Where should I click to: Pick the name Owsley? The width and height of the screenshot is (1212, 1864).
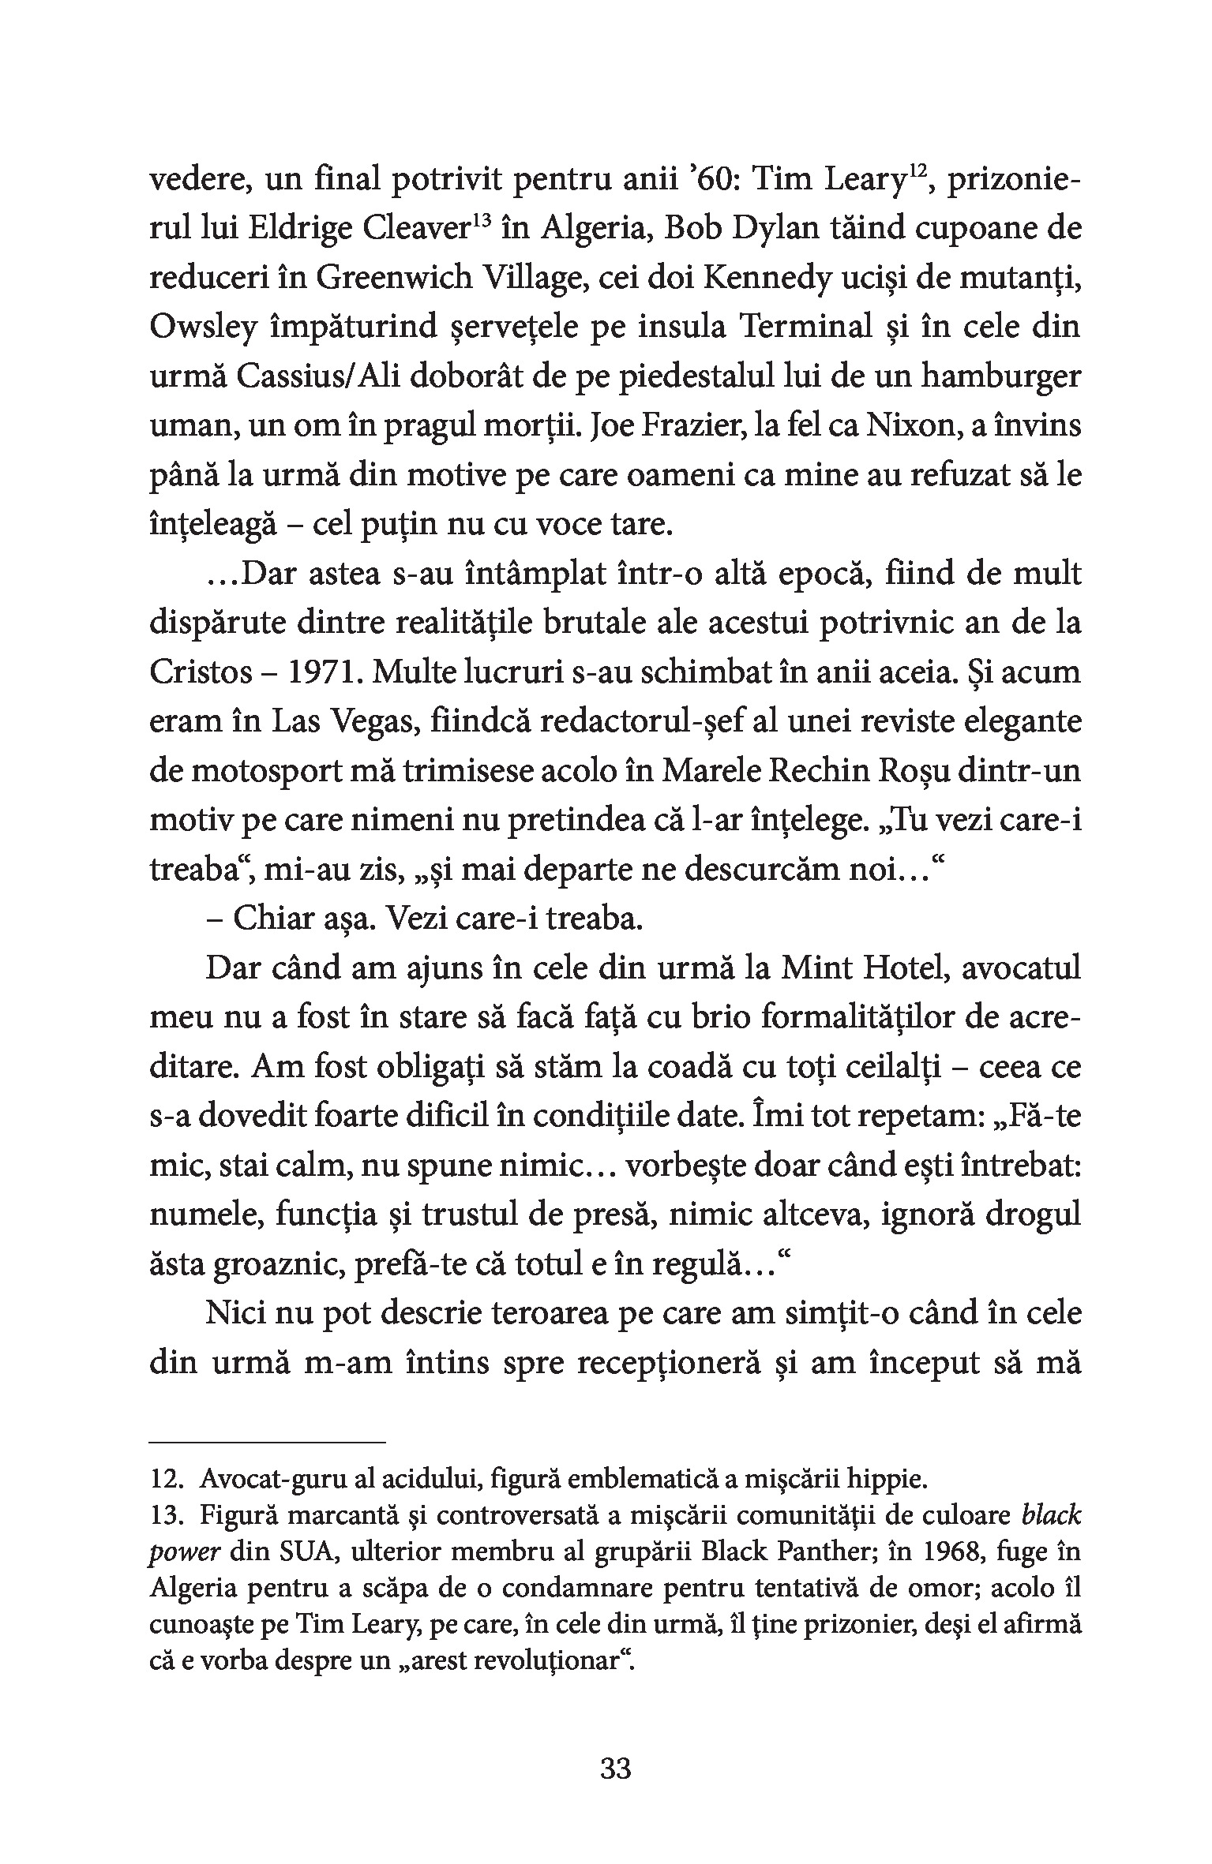(x=204, y=328)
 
